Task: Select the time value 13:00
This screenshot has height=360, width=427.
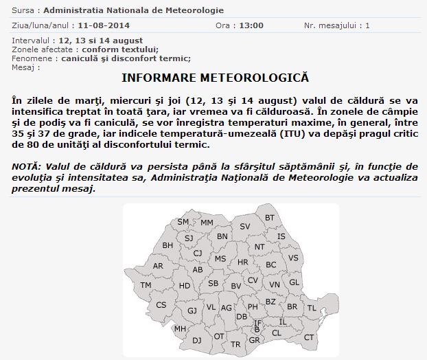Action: pos(249,25)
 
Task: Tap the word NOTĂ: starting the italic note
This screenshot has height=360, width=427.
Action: pos(28,167)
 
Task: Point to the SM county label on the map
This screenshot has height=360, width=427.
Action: pos(183,222)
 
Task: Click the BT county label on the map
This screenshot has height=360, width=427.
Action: pos(270,218)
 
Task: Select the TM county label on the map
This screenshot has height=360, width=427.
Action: pos(146,284)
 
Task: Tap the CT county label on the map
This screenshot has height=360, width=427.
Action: pos(309,337)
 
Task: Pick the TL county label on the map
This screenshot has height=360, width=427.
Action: pos(312,308)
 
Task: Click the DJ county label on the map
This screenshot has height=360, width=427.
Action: pos(196,339)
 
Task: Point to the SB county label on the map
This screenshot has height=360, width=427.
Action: pos(213,283)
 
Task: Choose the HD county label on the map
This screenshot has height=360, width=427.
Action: pos(185,286)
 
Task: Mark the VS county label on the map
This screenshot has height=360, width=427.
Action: pos(293,258)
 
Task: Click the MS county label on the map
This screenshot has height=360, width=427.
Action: pos(220,258)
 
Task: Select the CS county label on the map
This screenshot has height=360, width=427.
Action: pos(161,305)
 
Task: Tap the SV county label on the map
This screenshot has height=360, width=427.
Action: pos(245,226)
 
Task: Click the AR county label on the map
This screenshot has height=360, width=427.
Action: pos(158,266)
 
